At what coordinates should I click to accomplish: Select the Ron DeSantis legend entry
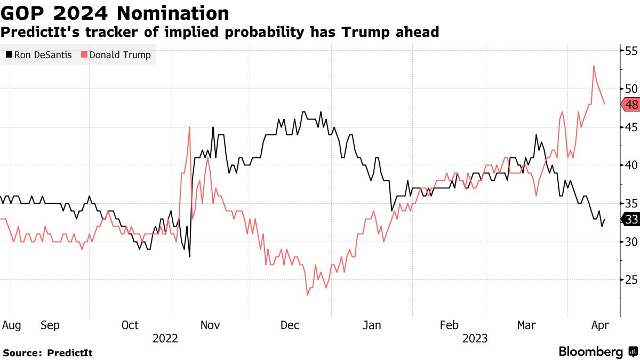click(x=38, y=55)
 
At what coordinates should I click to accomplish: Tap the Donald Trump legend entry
click(x=116, y=55)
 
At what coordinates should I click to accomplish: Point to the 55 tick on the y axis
click(x=631, y=51)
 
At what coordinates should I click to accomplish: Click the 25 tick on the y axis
click(x=631, y=280)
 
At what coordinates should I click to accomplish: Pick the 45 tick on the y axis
click(x=631, y=127)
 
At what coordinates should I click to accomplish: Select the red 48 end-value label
click(x=631, y=105)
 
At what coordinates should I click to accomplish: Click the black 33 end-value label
click(x=631, y=219)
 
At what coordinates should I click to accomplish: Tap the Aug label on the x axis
click(x=12, y=325)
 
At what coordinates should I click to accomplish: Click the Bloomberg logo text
click(x=590, y=352)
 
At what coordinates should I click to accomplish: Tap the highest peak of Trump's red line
click(x=594, y=66)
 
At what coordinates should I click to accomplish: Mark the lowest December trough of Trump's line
click(x=307, y=295)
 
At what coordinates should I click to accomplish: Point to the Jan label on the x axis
click(x=372, y=325)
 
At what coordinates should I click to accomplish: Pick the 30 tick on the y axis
click(x=631, y=242)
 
